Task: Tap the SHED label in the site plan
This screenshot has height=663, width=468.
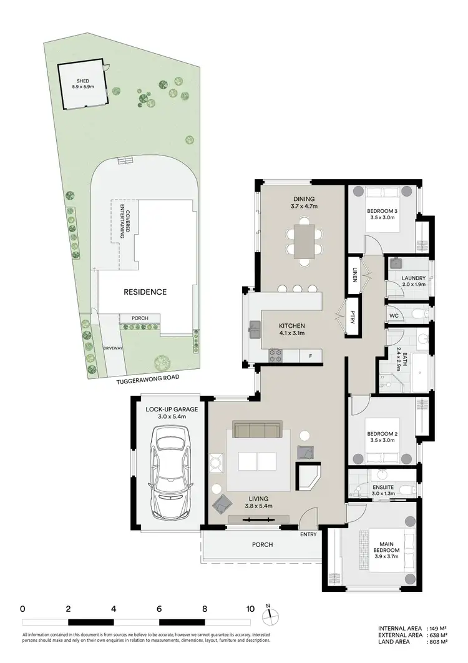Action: click(83, 81)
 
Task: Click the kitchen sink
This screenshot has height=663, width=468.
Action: click(255, 329)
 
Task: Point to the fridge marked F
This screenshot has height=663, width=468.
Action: click(310, 356)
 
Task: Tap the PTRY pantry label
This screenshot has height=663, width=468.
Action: click(353, 317)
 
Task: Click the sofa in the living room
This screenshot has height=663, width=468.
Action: click(256, 430)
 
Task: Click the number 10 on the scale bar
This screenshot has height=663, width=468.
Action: click(250, 608)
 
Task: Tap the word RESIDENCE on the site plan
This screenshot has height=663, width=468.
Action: click(145, 292)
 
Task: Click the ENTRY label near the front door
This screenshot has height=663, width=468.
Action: click(308, 534)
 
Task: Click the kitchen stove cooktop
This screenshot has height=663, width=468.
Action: click(276, 355)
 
